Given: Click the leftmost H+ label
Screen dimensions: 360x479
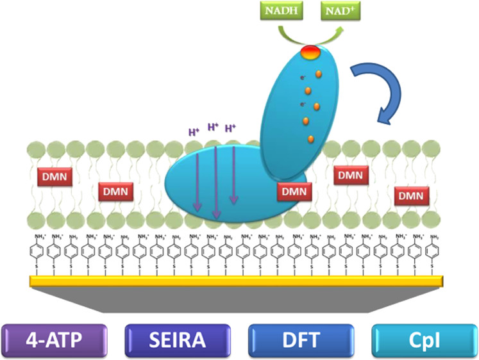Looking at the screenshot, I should [x=193, y=133].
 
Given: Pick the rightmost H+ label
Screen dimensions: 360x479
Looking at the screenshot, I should [x=230, y=129].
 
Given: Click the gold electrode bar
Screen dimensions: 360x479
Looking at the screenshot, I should [x=237, y=281].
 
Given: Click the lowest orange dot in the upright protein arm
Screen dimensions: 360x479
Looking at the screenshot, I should [x=310, y=138].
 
